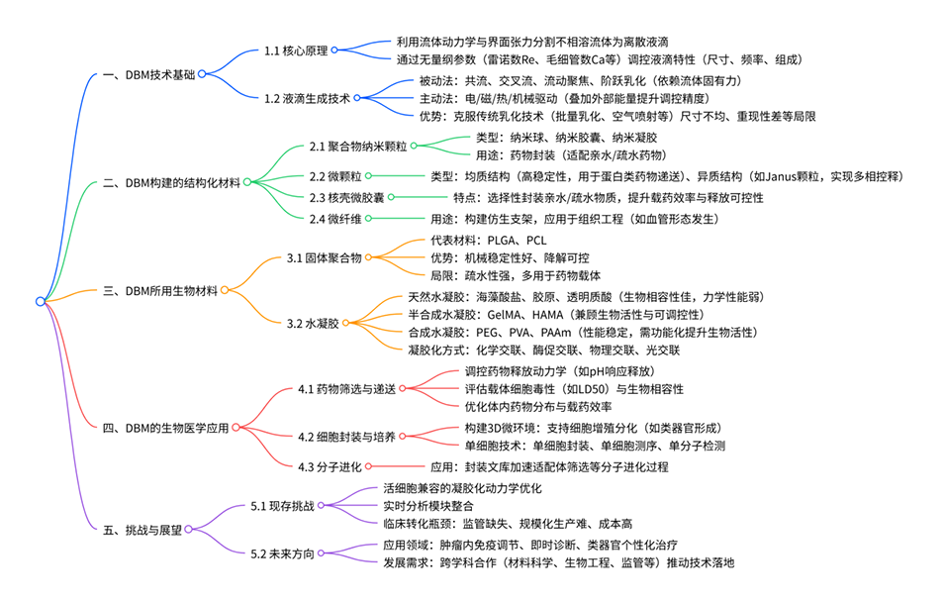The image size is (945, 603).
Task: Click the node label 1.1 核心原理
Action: (296, 50)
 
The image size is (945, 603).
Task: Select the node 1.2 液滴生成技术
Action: (307, 97)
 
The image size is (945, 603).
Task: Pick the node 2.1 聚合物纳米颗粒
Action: (357, 147)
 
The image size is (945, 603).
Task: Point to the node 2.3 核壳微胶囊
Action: (347, 197)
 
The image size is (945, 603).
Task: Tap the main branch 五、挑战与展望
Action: (142, 530)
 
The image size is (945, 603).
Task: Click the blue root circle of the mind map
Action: (40, 301)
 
